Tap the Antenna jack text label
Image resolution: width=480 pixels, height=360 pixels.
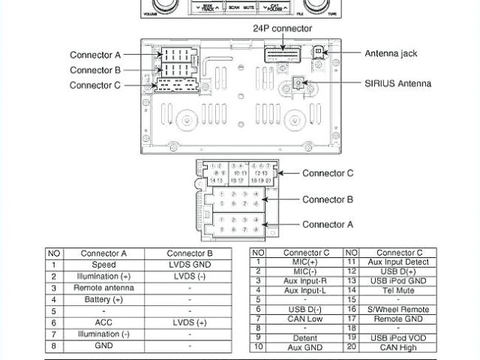[391, 53]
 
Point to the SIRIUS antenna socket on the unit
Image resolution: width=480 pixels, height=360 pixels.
[298, 83]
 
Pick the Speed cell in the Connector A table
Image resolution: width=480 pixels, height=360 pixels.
[103, 265]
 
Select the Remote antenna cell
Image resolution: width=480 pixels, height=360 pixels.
[103, 288]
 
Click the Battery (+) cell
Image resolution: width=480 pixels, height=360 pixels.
[103, 299]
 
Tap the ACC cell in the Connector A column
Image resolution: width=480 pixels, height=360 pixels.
[103, 322]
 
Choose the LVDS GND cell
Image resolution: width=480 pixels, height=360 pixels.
[190, 265]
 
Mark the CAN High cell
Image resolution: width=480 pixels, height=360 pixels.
[399, 346]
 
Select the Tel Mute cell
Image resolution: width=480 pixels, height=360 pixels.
[399, 289]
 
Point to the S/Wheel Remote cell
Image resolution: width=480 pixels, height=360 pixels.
[399, 309]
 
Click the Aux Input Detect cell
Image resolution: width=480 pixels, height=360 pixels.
[399, 261]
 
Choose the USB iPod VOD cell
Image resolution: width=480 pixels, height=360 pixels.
[399, 337]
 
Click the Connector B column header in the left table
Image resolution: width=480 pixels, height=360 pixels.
[190, 253]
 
